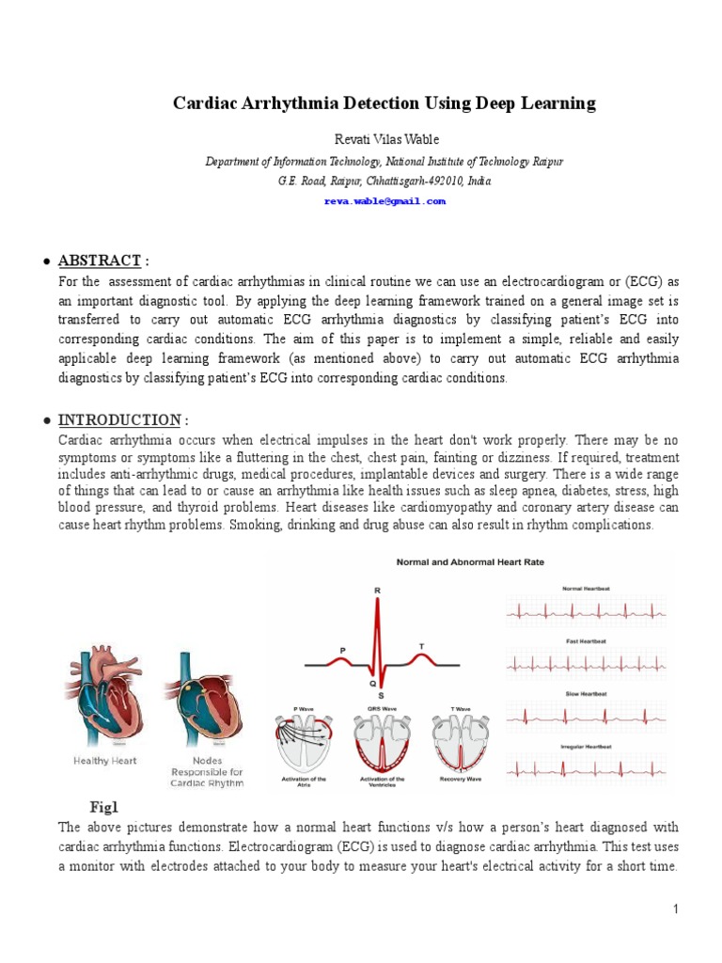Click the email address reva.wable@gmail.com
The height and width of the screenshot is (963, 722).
384,201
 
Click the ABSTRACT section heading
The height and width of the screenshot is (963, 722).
100,260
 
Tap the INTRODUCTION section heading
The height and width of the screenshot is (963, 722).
118,419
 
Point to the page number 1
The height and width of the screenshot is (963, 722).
675,908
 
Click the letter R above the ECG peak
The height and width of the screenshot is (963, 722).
378,591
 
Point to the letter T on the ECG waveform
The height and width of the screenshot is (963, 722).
420,645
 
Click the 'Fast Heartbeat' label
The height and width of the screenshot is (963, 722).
585,640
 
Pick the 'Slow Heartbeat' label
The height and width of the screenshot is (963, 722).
585,693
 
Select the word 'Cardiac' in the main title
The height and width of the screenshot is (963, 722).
205,103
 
